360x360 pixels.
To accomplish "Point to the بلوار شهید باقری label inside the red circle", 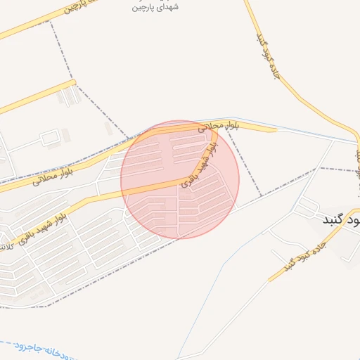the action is (x=200, y=167).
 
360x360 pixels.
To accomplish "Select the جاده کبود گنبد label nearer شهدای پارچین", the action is (x=269, y=56).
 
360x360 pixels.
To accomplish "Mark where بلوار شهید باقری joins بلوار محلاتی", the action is (x=210, y=131).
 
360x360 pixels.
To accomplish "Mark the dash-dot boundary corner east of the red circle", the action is (x=261, y=195).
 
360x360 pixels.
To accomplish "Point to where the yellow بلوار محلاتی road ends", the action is (x=276, y=129).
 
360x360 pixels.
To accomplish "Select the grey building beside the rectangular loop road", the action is (x=65, y=133).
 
